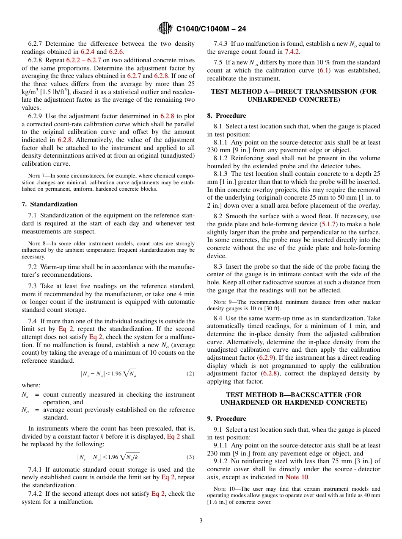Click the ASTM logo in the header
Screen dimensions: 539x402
tap(165, 29)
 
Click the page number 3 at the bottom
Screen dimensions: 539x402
tap(201, 521)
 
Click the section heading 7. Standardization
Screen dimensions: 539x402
tap(50, 204)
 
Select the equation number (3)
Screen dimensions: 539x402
tap(190, 457)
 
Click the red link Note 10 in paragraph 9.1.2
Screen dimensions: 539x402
tap(297, 477)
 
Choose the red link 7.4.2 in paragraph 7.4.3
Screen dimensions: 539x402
tap(292, 52)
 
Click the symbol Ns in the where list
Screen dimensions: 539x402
tap(25, 395)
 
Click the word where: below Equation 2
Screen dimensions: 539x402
tap(30, 385)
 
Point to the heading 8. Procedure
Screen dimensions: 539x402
tap(226, 116)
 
